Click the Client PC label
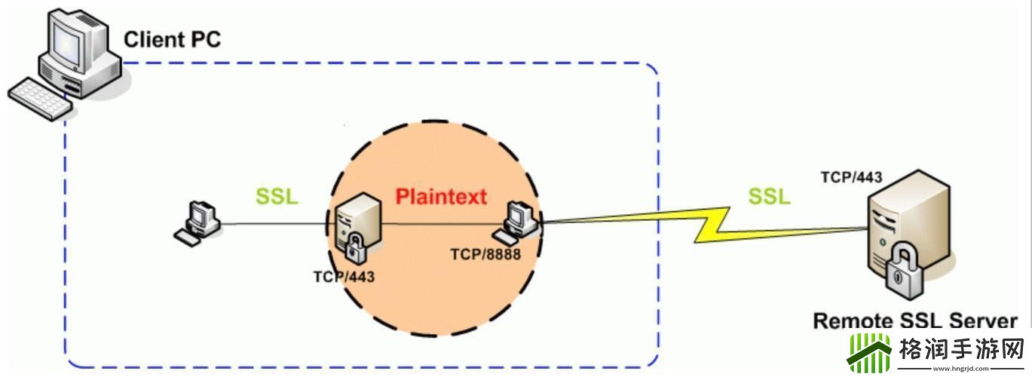[x=172, y=38]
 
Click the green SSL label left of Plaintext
[x=277, y=196]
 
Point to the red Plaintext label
[x=442, y=196]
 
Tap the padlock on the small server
[x=354, y=247]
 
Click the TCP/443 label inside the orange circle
[x=344, y=277]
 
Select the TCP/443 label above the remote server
[x=852, y=178]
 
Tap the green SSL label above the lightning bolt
[x=769, y=196]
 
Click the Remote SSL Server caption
[x=915, y=321]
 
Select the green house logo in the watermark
[x=869, y=352]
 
